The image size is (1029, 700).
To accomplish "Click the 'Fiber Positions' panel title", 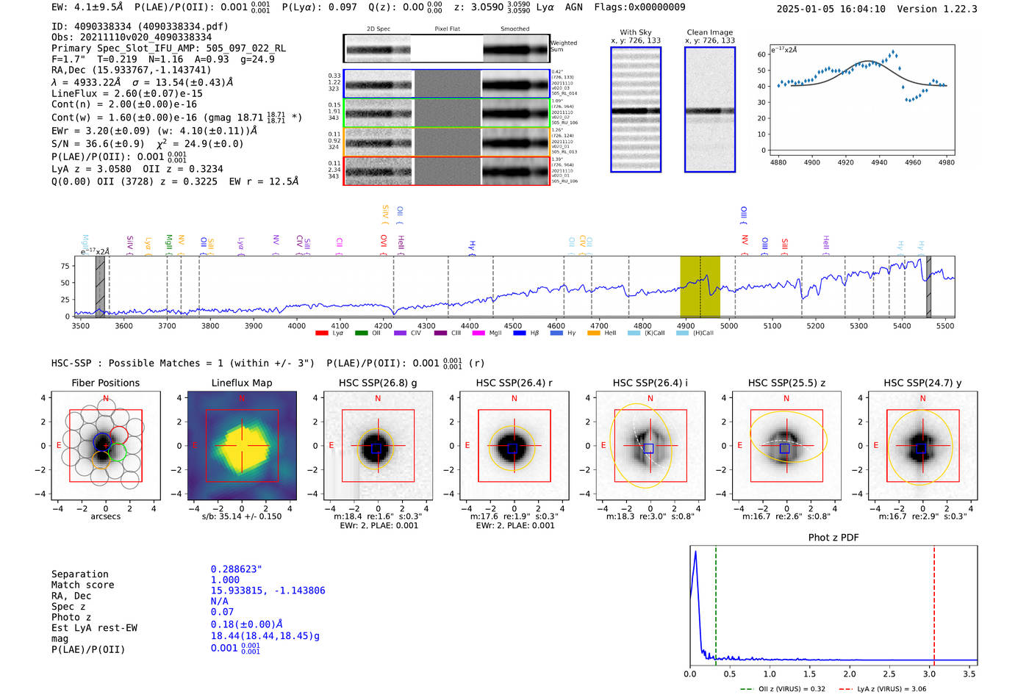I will point(105,383).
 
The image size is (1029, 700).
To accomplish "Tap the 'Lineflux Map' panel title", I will point(242,383).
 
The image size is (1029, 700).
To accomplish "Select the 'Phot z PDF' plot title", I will point(833,538).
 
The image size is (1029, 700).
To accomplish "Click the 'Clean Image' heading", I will point(709,32).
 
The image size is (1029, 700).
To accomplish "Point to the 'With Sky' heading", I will point(636,32).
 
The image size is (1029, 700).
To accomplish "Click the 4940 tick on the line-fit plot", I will point(879,162).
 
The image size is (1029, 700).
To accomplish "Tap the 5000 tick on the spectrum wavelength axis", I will point(729,326).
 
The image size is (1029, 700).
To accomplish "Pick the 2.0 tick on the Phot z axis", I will point(850,674).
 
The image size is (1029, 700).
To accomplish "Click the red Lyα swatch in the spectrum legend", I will point(321,333).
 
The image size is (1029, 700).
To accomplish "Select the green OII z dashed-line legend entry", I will point(783,689).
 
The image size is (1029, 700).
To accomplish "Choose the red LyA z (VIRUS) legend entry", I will point(882,689).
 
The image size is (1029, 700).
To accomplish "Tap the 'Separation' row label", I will point(79,574).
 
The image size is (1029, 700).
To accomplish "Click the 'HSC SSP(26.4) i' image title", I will point(650,383).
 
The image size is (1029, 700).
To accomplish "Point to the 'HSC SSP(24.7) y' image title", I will point(922,383).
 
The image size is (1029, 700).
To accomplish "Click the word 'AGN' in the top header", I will point(573,7).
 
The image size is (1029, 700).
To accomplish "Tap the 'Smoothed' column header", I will point(514,29).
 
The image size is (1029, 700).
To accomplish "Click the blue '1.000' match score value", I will point(225,580).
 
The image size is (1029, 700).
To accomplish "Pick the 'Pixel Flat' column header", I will point(447,29).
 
